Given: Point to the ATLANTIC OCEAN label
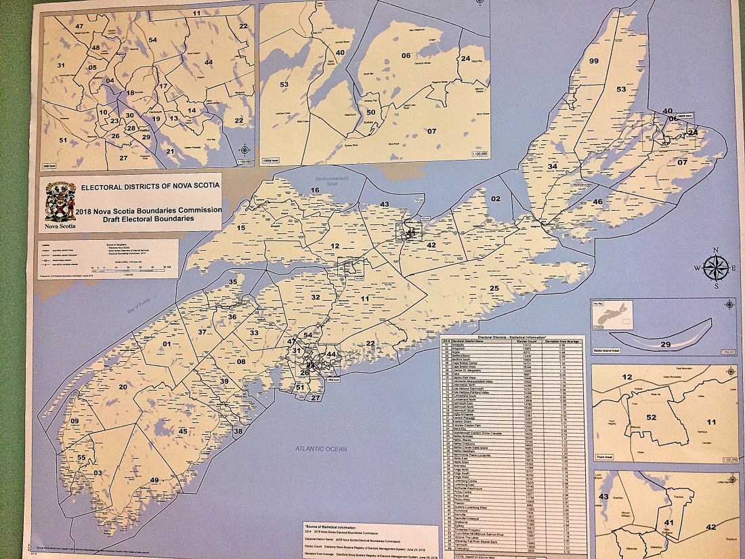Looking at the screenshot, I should click(x=320, y=449).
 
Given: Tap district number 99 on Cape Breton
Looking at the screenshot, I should click(x=594, y=61).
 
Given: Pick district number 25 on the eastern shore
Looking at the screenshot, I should click(x=494, y=289).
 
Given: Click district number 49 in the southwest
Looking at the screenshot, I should click(x=154, y=480).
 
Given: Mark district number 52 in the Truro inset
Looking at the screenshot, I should click(x=651, y=417).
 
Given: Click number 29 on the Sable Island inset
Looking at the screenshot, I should click(x=665, y=345).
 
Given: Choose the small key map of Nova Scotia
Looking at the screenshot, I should click(x=612, y=315).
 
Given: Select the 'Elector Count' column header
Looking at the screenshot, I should click(x=532, y=342).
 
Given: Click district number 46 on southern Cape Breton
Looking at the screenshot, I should click(x=597, y=201).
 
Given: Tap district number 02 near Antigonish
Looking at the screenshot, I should click(x=496, y=199).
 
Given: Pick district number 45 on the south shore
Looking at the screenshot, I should click(x=183, y=432).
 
